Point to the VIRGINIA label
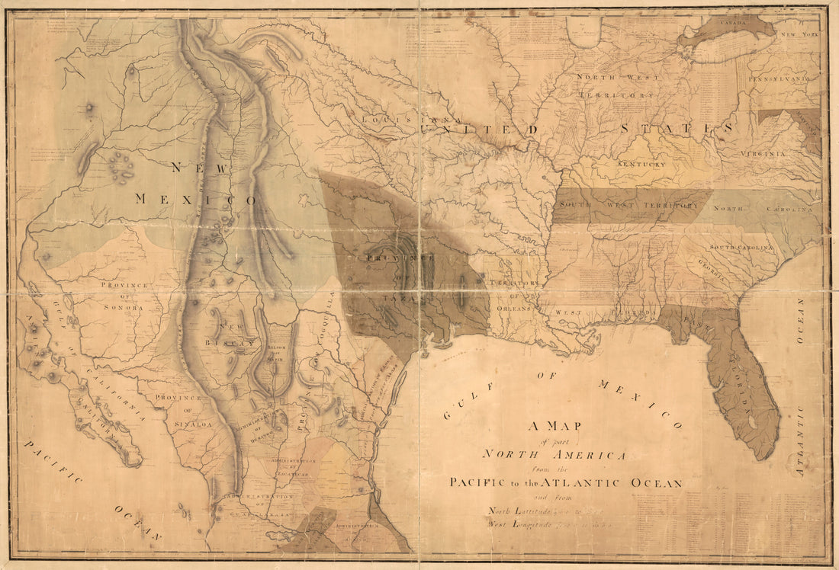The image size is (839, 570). coord(763,154)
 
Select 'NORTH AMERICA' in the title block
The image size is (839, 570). coord(555,455)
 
